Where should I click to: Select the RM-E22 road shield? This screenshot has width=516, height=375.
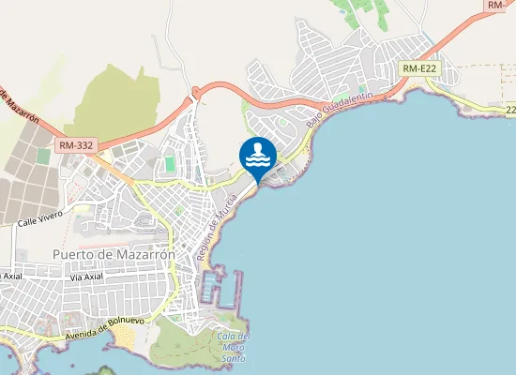click(x=419, y=68)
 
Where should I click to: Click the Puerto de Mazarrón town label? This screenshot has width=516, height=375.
click(x=110, y=254)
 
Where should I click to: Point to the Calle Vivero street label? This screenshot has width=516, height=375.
click(x=39, y=217)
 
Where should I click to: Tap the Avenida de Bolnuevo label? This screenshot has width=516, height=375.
click(x=103, y=327)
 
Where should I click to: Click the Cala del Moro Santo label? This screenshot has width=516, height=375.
click(x=232, y=347)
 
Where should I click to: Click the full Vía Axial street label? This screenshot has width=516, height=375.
click(x=85, y=277)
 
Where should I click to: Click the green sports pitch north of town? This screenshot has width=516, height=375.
click(x=170, y=164)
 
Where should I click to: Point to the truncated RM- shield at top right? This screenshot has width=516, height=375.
click(x=499, y=6)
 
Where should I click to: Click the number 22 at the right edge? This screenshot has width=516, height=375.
click(x=509, y=110)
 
